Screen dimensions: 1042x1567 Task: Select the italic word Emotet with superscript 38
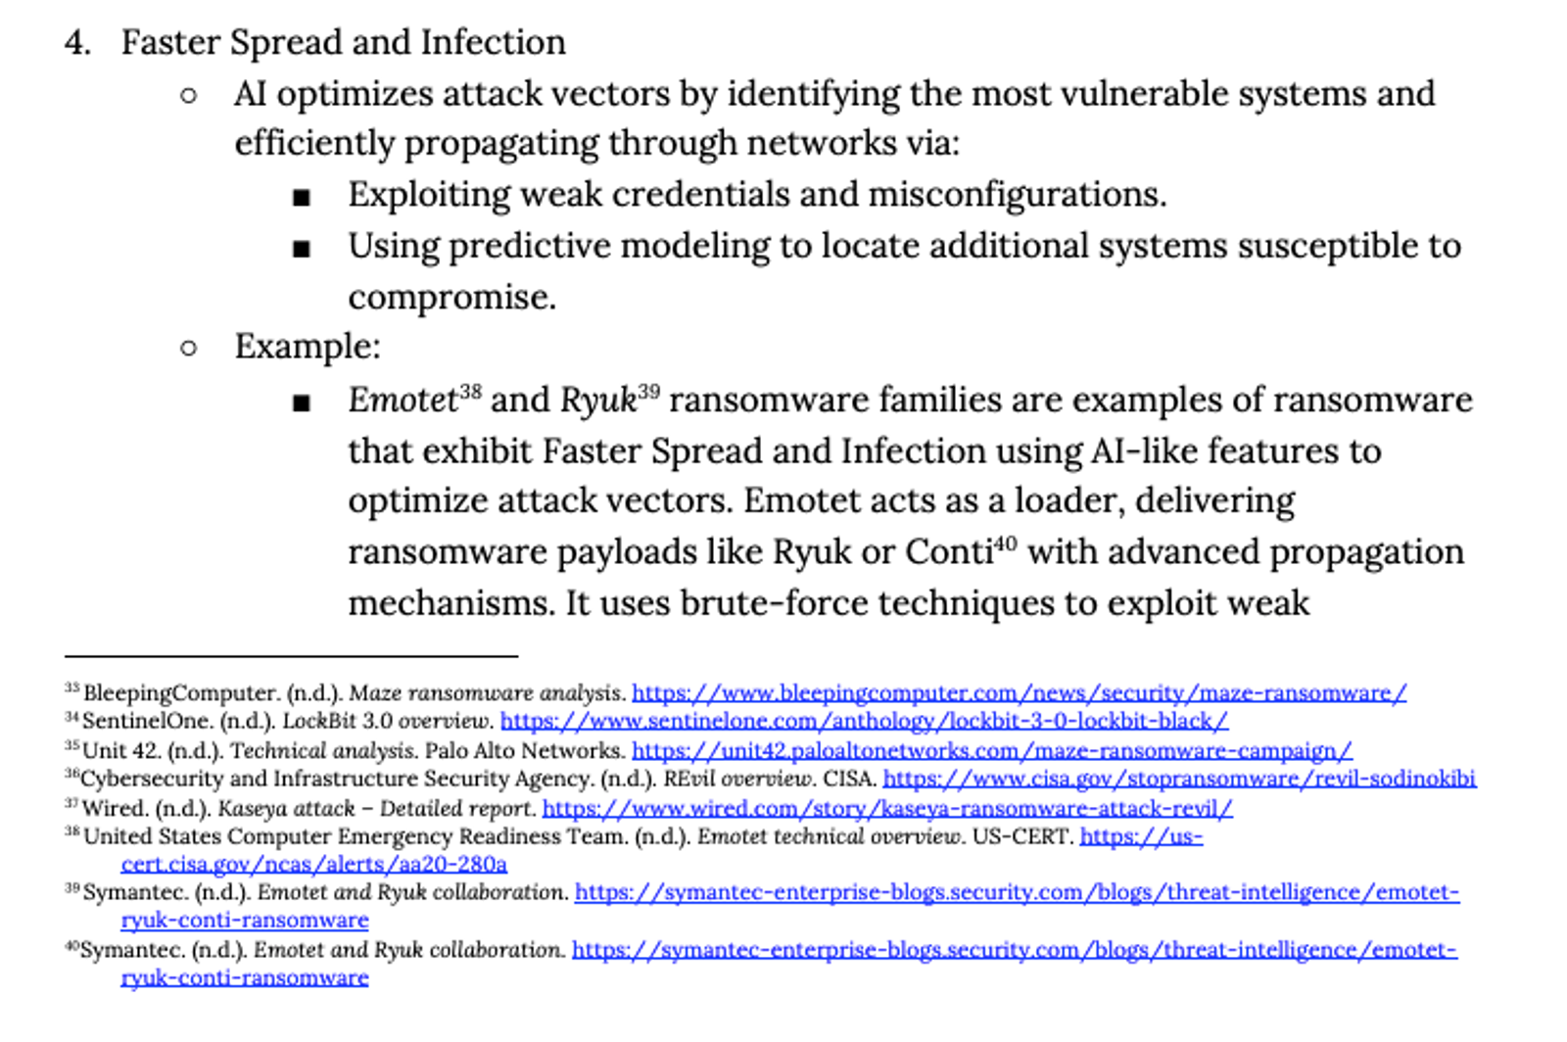(403, 401)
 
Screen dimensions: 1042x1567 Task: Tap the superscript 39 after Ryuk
(648, 392)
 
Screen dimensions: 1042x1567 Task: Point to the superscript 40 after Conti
(1006, 545)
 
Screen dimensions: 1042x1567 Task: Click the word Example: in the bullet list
(307, 347)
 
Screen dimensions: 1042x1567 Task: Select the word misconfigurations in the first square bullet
(1017, 194)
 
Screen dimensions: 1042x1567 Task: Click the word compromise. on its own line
(451, 297)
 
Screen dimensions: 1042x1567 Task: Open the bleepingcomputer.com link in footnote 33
(1019, 693)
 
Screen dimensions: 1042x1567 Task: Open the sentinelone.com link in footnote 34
(864, 722)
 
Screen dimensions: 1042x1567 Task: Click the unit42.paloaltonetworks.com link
(991, 751)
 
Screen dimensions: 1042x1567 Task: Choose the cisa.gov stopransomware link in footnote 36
(1179, 779)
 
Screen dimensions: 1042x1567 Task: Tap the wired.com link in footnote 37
(887, 809)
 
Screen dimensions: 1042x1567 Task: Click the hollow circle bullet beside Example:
(189, 348)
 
